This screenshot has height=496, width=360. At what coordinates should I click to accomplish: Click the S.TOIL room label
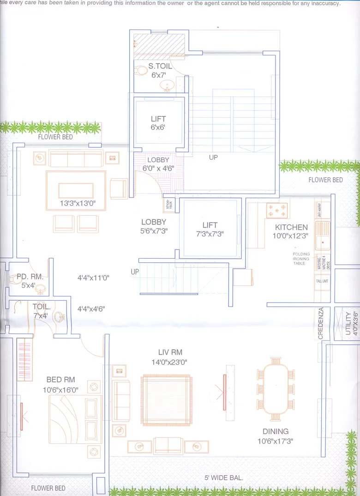point(160,66)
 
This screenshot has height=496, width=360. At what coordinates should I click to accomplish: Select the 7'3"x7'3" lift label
point(210,230)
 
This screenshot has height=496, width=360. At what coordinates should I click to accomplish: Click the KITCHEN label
point(291,227)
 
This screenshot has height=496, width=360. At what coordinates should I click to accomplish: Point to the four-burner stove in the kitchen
point(276,210)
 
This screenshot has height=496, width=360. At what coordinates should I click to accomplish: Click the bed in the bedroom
point(75,419)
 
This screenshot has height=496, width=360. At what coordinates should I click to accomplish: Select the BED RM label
point(60,380)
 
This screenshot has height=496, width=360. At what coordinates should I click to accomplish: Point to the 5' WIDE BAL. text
point(224,478)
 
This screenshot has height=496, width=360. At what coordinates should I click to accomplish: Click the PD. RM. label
point(30,277)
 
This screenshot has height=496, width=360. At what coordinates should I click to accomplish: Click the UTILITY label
point(348,323)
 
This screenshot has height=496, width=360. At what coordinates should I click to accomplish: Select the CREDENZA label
point(321,325)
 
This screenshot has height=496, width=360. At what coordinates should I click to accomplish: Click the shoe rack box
point(168,205)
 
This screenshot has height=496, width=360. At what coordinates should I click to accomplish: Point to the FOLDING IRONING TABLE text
point(301,259)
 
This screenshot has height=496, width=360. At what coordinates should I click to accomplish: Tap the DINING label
point(276,431)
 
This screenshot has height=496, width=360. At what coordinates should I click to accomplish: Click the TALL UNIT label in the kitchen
point(322,281)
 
